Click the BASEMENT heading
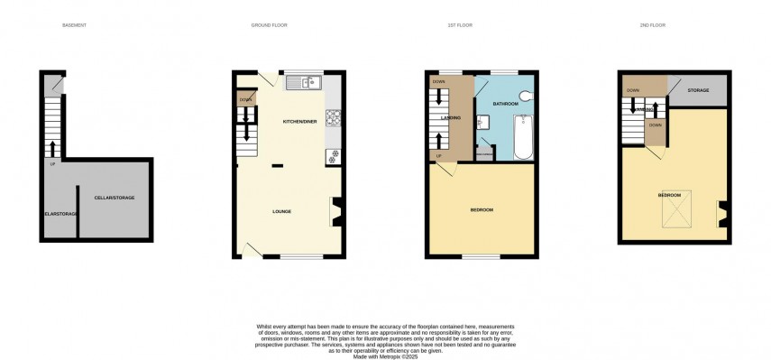pyautogui.click(x=75, y=25)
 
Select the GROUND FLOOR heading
pyautogui.click(x=269, y=25)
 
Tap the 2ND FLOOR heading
pyautogui.click(x=652, y=25)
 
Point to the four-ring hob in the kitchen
pyautogui.click(x=331, y=117)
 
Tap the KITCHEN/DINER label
pyautogui.click(x=299, y=121)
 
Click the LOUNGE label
pyautogui.click(x=282, y=211)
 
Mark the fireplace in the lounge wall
pyautogui.click(x=336, y=211)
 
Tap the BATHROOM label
pyautogui.click(x=505, y=105)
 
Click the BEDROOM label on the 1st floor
pyautogui.click(x=482, y=210)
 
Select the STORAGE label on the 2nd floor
pyautogui.click(x=698, y=90)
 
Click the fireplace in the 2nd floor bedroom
pyautogui.click(x=721, y=213)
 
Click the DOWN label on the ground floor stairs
pyautogui.click(x=244, y=98)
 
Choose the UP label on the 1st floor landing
pyautogui.click(x=439, y=156)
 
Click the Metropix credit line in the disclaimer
pyautogui.click(x=385, y=355)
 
